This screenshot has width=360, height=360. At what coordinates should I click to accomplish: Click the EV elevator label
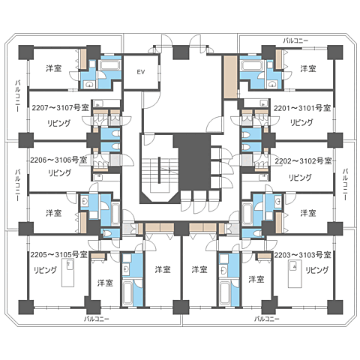pyautogui.click(x=141, y=72)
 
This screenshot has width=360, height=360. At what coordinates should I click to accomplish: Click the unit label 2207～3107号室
pyautogui.click(x=60, y=108)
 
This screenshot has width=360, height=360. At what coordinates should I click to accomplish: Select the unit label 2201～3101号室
pyautogui.click(x=302, y=108)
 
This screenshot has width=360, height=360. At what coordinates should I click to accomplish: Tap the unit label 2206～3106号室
pyautogui.click(x=58, y=160)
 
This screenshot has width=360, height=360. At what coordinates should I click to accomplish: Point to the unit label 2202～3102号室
pyautogui.click(x=304, y=161)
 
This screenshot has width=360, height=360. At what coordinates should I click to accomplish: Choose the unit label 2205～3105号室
pyautogui.click(x=59, y=254)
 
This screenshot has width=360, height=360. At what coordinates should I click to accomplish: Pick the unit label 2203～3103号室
pyautogui.click(x=302, y=255)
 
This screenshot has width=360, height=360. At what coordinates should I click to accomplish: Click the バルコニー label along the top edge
pyautogui.click(x=295, y=40)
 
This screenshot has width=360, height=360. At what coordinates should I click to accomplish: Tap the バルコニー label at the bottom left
pyautogui.click(x=97, y=319)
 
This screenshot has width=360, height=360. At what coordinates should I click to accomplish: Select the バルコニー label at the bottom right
pyautogui.click(x=267, y=319)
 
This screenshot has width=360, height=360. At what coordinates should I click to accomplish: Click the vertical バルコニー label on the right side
pyautogui.click(x=345, y=184)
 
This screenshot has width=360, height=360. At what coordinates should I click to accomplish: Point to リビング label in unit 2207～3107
pyautogui.click(x=59, y=123)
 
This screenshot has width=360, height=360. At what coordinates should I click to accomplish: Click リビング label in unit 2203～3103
pyautogui.click(x=317, y=270)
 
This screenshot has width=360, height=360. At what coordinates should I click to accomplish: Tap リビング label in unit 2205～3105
pyautogui.click(x=45, y=270)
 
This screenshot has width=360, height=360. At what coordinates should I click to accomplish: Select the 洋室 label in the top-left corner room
pyautogui.click(x=54, y=68)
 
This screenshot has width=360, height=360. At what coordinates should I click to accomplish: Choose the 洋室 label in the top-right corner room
pyautogui.click(x=308, y=68)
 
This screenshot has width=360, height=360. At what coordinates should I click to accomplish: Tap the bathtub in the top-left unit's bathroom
pyautogui.click(x=109, y=65)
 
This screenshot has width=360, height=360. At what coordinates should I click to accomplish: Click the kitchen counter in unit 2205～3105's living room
pyautogui.click(x=67, y=273)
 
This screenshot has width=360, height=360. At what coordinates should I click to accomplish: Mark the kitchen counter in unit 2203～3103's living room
pyautogui.click(x=295, y=274)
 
